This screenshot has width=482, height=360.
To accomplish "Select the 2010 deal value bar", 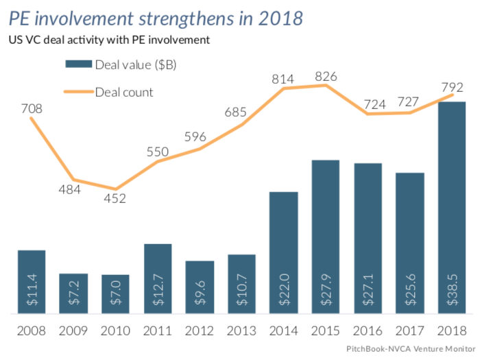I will pyautogui.click(x=115, y=294).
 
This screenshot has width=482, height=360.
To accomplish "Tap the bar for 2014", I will pyautogui.click(x=284, y=252).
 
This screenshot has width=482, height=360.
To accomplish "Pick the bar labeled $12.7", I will pyautogui.click(x=158, y=278).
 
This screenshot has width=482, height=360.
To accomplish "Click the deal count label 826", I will pyautogui.click(x=326, y=76).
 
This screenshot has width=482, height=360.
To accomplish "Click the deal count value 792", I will pyautogui.click(x=453, y=87).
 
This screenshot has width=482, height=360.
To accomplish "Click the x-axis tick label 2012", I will pyautogui.click(x=200, y=331).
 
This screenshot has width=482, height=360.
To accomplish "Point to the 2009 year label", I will pyautogui.click(x=73, y=331).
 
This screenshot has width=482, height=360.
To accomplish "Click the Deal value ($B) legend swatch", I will pyautogui.click(x=77, y=64).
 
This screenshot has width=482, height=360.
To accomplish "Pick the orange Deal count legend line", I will pyautogui.click(x=77, y=91).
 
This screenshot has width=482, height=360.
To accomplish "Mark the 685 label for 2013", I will pyautogui.click(x=241, y=111).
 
